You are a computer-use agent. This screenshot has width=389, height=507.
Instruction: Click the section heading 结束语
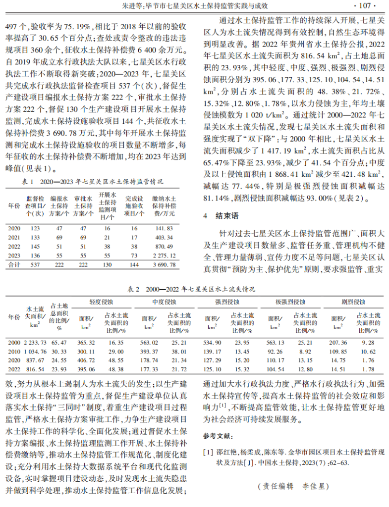coord(226,216)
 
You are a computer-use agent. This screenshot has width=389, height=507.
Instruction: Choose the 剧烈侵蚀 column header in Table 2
coord(352,301)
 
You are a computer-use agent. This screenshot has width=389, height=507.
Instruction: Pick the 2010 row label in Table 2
coord(14,351)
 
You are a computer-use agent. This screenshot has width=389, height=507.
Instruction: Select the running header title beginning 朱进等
coord(194,6)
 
